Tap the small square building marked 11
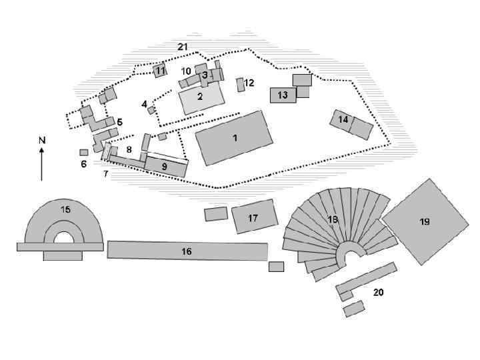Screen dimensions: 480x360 point(160,70)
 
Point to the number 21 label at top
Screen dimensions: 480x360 point(183,47)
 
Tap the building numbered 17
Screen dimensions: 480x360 point(253,217)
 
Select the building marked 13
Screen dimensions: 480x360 point(283,95)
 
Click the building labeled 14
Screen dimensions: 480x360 point(352,123)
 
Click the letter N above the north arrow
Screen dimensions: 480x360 point(41,140)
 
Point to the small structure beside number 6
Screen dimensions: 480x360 point(84,153)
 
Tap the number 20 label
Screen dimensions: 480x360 point(378,292)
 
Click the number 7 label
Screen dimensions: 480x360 point(105,174)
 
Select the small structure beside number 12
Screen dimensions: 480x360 point(241,85)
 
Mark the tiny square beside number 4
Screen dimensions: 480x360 point(151,109)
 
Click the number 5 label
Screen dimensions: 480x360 point(119,122)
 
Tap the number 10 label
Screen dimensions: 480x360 point(186,71)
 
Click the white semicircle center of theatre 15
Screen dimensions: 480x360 point(64,238)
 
